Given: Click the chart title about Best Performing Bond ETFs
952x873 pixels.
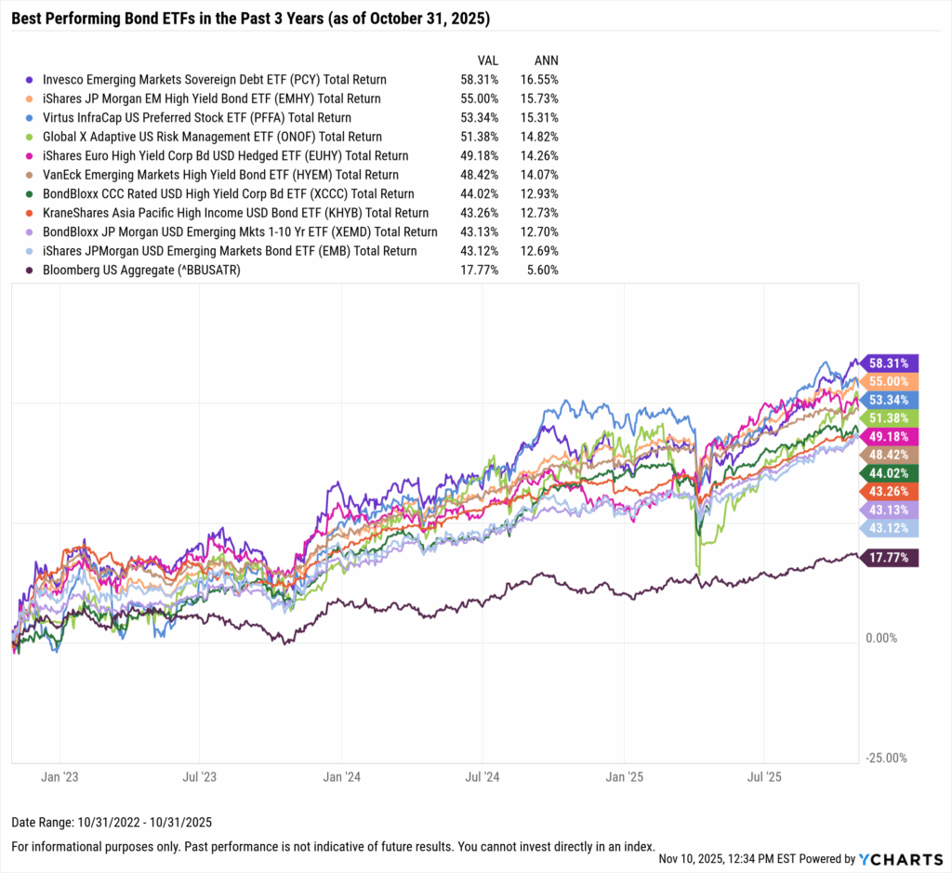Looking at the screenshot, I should (251, 19).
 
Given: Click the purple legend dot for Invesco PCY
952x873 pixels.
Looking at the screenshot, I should (31, 80).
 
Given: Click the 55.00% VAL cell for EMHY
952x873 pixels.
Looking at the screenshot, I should (480, 99).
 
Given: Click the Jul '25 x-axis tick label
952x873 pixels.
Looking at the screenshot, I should (763, 776).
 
